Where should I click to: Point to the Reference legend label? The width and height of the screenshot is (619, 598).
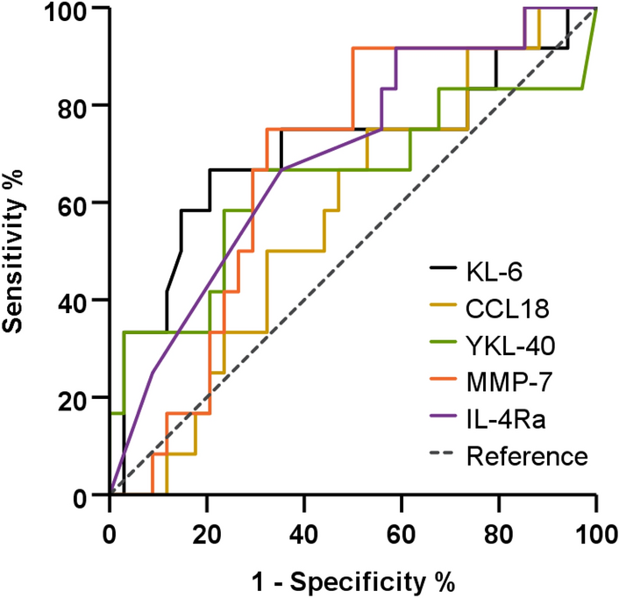(526, 456)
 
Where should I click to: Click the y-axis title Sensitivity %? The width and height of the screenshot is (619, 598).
(15, 252)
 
